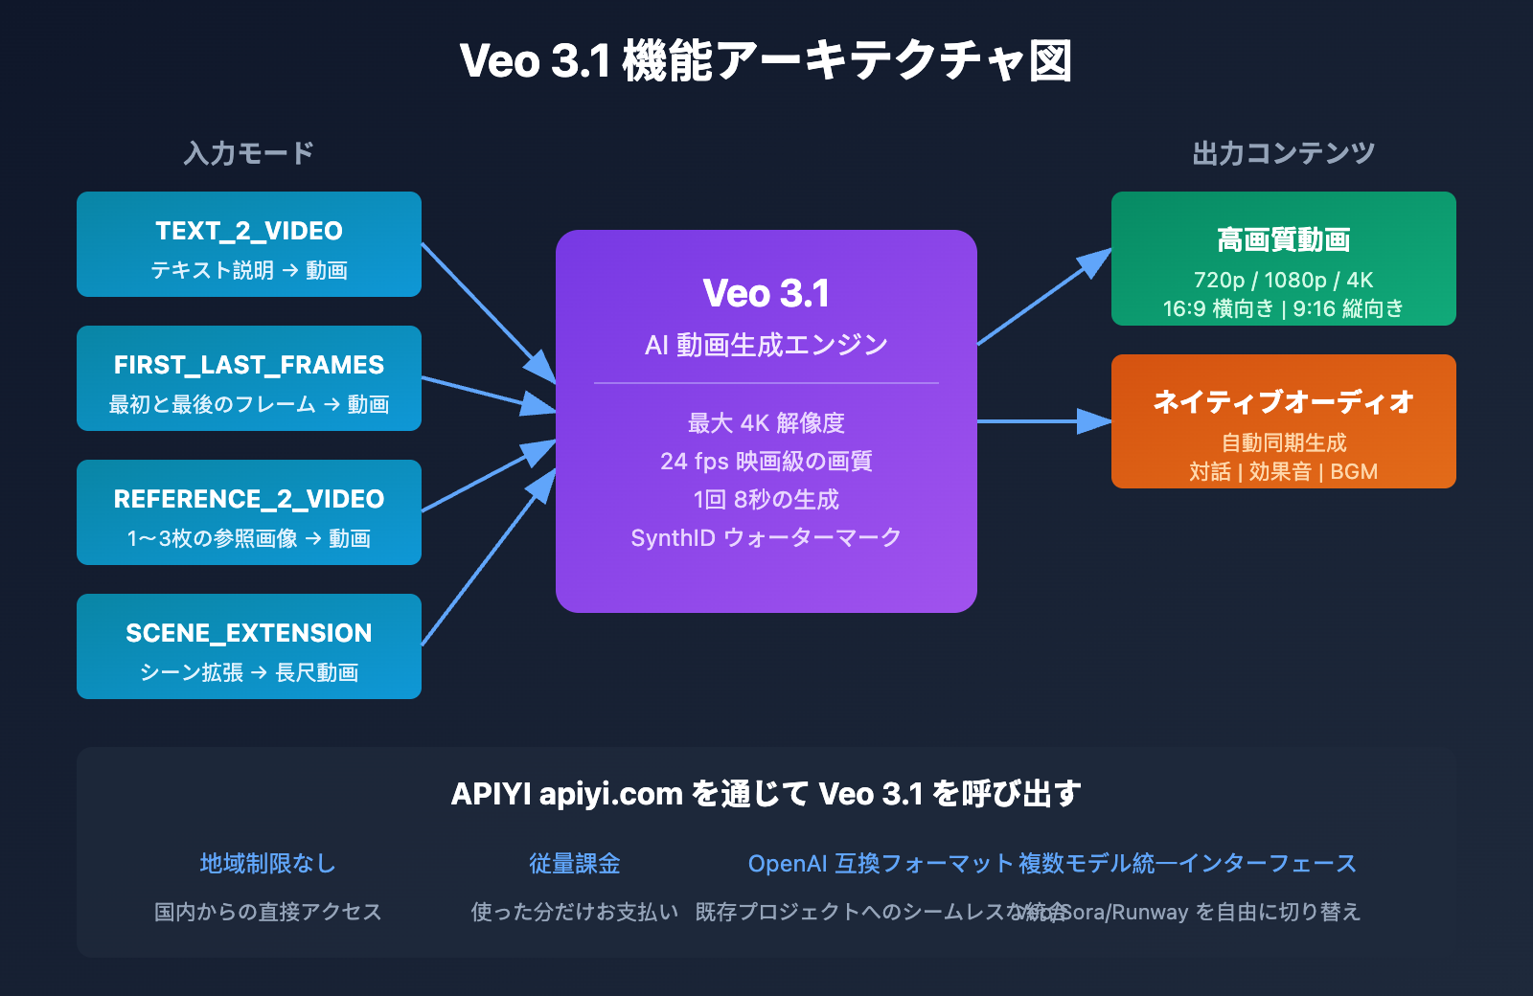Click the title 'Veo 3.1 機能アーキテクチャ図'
pyautogui.click(x=766, y=61)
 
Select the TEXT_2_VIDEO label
pyautogui.click(x=249, y=231)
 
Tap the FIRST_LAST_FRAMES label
pyautogui.click(x=249, y=365)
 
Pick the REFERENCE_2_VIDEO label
pyautogui.click(x=249, y=499)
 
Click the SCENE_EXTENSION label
pyautogui.click(x=249, y=633)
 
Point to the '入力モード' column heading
pyautogui.click(x=249, y=153)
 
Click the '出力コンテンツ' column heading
pyautogui.click(x=1283, y=153)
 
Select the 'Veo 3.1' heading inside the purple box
pyautogui.click(x=766, y=293)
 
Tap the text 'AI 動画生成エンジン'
pyautogui.click(x=766, y=345)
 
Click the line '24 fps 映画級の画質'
pyautogui.click(x=766, y=462)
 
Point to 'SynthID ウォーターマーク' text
pyautogui.click(x=766, y=538)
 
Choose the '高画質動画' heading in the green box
pyautogui.click(x=1283, y=239)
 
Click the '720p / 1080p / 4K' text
pyautogui.click(x=1283, y=280)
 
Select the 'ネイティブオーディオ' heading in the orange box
pyautogui.click(x=1283, y=402)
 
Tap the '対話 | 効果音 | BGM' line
pyautogui.click(x=1283, y=471)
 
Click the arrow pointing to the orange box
pyautogui.click(x=1044, y=421)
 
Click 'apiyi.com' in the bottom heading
pyautogui.click(x=610, y=794)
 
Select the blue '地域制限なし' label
pyautogui.click(x=268, y=864)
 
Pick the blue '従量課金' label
pyautogui.click(x=575, y=864)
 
